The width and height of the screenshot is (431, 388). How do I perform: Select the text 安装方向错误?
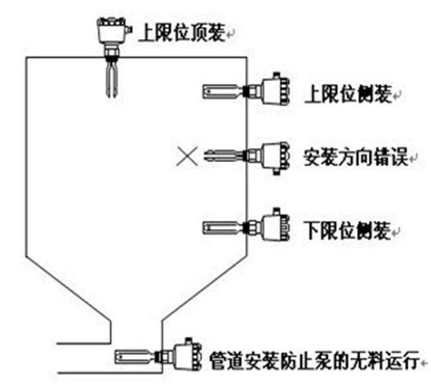(356, 158)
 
